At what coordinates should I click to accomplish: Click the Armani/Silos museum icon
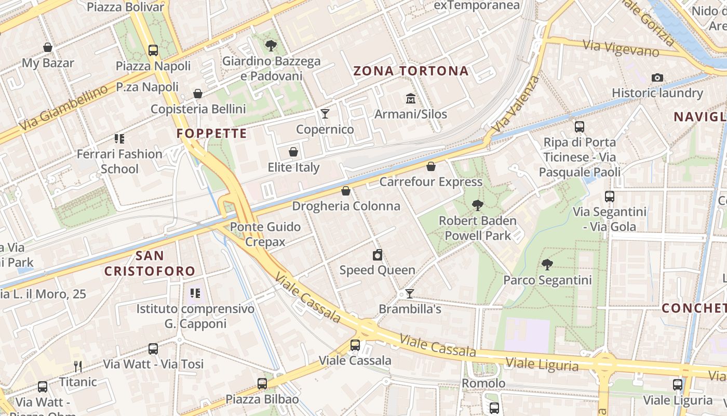point(411,98)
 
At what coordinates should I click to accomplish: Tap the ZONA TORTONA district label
point(411,71)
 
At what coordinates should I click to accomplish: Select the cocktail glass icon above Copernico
point(325,113)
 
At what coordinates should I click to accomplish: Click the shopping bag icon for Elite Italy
point(293,152)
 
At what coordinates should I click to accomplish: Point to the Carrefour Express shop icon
point(431,166)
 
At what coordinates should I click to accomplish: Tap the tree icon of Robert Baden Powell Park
point(478,205)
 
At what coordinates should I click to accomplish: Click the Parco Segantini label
point(547,280)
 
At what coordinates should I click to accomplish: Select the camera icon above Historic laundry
point(657,78)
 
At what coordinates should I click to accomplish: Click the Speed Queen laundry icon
point(378,255)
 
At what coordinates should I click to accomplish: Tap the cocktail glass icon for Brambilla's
point(410,294)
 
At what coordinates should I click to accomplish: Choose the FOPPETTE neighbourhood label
point(211,134)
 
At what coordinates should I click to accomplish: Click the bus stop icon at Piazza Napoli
point(153,50)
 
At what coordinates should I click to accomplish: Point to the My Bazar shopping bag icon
point(48,47)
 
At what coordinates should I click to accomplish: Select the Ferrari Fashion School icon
point(120,139)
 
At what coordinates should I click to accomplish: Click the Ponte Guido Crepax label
point(265,234)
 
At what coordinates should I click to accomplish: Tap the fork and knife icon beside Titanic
point(78,367)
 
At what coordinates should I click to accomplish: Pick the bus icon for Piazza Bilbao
point(262,384)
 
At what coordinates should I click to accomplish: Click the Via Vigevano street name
point(621,48)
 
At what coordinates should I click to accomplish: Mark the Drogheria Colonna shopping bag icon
point(346,191)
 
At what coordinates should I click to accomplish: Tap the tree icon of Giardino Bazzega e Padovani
point(271,46)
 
